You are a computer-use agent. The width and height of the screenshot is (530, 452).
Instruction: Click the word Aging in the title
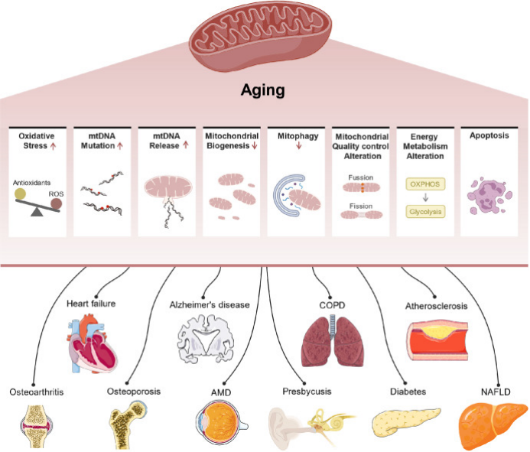[262, 90]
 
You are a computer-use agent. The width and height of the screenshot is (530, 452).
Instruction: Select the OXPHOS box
[425, 184]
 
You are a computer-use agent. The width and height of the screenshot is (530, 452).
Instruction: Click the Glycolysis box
[425, 212]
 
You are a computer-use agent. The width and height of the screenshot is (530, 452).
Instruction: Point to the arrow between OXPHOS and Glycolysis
[425, 198]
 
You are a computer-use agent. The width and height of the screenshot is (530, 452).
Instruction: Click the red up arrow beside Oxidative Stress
[53, 146]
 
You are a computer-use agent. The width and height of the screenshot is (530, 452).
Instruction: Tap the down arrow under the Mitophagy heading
[298, 146]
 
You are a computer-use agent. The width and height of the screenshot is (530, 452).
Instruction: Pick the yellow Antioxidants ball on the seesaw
[20, 194]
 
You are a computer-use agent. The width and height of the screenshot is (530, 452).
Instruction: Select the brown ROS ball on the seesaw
[56, 204]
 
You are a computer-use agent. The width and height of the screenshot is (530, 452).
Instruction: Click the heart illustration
[92, 343]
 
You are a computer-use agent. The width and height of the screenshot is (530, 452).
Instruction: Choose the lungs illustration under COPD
[333, 341]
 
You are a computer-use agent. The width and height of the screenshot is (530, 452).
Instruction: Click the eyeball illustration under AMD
[222, 422]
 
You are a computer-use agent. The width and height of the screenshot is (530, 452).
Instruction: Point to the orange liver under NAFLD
[493, 423]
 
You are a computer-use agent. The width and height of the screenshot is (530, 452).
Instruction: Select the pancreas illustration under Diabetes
[405, 421]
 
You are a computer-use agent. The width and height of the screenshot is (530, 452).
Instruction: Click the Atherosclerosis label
[437, 306]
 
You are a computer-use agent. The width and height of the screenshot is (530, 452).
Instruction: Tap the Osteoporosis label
[134, 392]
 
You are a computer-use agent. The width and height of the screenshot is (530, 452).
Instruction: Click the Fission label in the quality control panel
[361, 206]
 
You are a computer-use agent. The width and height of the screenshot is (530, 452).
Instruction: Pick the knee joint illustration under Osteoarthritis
[36, 427]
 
